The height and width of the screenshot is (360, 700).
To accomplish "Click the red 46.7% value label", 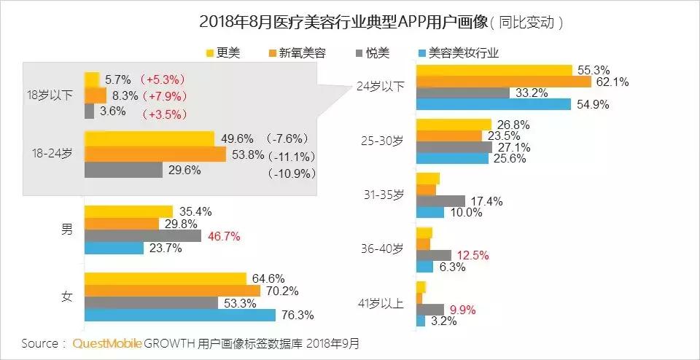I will [x=223, y=236].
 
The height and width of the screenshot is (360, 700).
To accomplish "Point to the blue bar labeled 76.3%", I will [x=179, y=316].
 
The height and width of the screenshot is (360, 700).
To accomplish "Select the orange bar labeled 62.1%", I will [x=503, y=82].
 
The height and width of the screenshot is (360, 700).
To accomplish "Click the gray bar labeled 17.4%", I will [x=440, y=200].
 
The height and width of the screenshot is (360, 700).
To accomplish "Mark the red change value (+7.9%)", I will [x=165, y=95].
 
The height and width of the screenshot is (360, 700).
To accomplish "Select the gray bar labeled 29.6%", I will [x=123, y=170].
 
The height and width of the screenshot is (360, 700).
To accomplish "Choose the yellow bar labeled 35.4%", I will [x=128, y=212].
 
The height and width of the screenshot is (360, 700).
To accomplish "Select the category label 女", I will [x=66, y=297].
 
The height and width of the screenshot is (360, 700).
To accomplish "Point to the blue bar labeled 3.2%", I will [x=420, y=321].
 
